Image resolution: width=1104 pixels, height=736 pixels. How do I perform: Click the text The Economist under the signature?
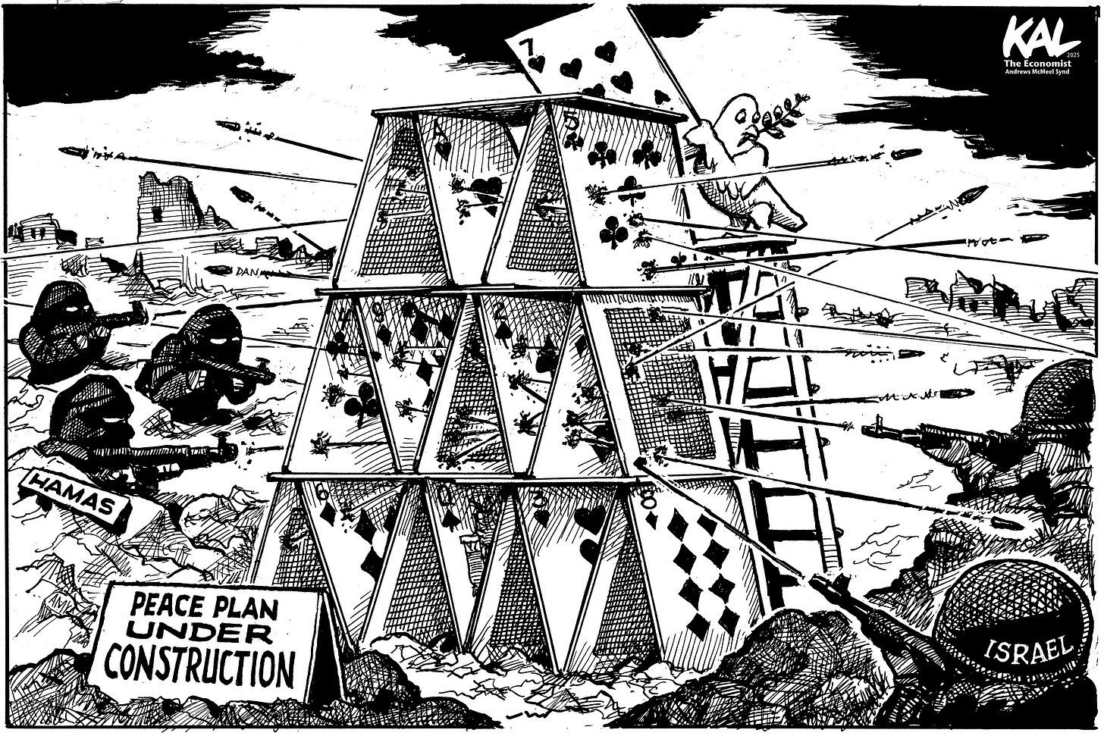click(1042, 64)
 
